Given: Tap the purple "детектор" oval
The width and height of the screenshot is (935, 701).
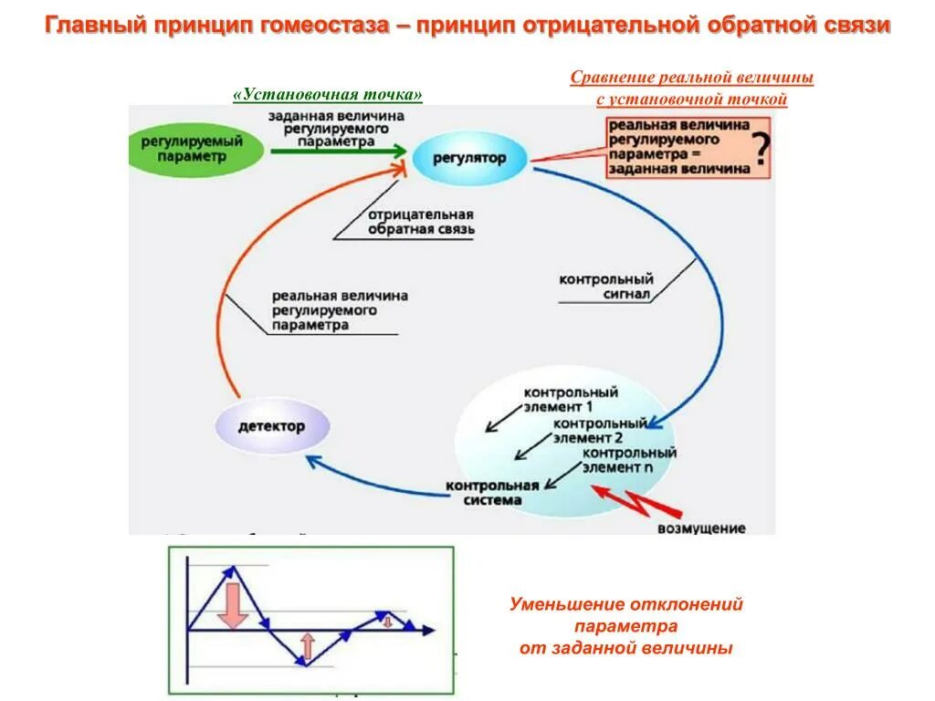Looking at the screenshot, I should click(271, 426).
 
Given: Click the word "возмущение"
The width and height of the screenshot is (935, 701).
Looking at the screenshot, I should click(700, 528).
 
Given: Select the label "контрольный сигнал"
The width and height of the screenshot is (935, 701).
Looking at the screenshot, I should click(605, 287).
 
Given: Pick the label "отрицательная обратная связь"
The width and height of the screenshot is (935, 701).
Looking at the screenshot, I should click(421, 222).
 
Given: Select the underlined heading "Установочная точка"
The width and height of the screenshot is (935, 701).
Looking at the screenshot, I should click(328, 95).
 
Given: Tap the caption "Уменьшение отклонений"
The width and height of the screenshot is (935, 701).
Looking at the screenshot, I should click(625, 604).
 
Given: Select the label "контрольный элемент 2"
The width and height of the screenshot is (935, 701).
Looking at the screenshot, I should click(600, 430).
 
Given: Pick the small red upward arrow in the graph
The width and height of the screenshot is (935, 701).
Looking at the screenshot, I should click(307, 646).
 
